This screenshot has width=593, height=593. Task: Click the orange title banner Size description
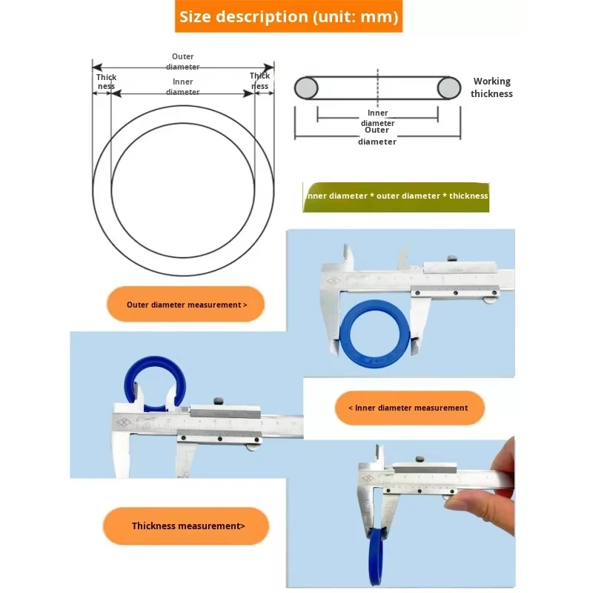click(288, 16)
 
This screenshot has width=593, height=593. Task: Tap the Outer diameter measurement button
click(186, 305)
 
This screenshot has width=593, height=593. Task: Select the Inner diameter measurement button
click(409, 408)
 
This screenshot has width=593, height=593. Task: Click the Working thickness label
click(491, 87)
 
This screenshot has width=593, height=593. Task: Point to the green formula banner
click(397, 196)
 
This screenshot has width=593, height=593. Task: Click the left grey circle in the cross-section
click(306, 88)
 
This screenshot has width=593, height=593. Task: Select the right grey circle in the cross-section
click(448, 88)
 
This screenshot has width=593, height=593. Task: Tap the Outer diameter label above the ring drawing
click(183, 62)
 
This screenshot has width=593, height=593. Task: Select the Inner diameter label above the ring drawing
click(183, 87)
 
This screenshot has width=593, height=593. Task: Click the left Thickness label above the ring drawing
click(106, 82)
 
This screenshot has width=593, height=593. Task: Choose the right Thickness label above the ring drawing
click(259, 81)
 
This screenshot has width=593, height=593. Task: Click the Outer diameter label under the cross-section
click(377, 136)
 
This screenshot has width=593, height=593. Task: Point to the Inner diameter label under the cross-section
click(378, 118)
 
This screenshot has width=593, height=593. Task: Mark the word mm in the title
click(378, 16)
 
